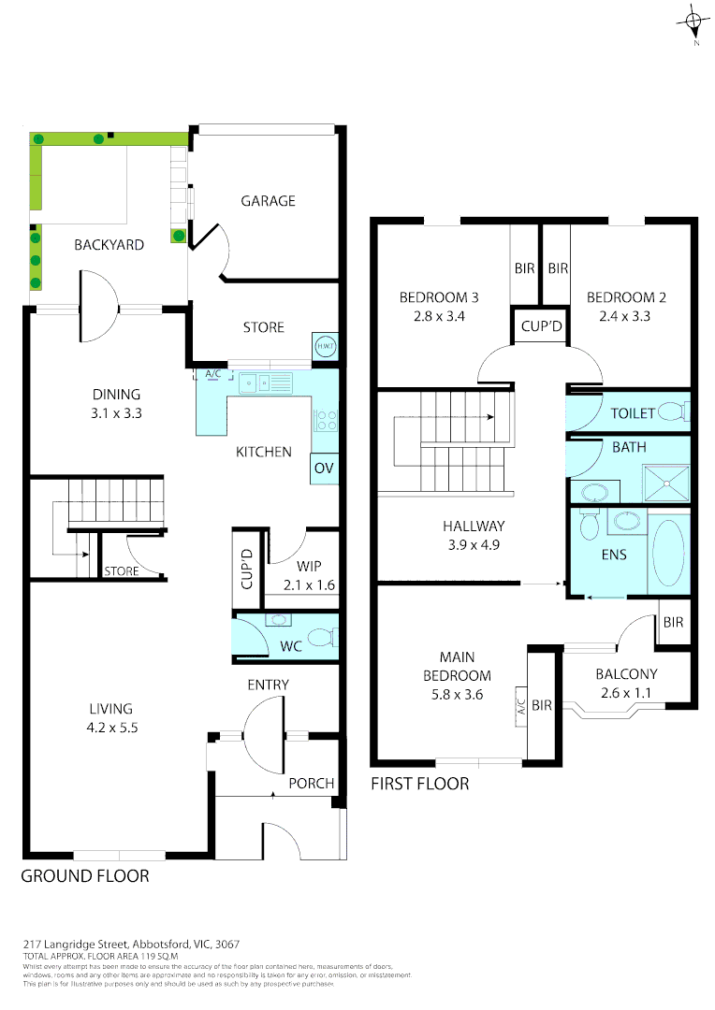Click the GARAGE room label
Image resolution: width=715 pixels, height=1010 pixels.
click(268, 201)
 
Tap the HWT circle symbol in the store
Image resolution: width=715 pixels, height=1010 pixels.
click(325, 346)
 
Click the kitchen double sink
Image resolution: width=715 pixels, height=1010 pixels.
click(266, 382)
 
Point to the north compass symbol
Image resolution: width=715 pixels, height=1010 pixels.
click(693, 22)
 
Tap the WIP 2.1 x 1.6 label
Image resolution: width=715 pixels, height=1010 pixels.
click(309, 576)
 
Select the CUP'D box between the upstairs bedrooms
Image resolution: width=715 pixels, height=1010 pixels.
click(541, 327)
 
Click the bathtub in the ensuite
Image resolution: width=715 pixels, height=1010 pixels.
click(667, 553)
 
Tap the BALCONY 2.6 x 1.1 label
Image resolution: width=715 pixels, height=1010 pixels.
click(626, 683)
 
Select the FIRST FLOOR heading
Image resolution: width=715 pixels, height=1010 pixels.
click(420, 784)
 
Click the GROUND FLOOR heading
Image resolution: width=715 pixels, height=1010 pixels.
click(84, 876)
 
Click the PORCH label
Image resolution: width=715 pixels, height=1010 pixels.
click(311, 783)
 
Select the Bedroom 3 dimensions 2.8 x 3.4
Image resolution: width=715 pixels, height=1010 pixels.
click(439, 316)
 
